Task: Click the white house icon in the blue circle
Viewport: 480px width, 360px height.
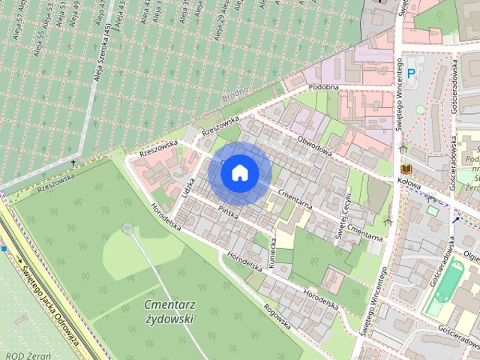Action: pos(239,172)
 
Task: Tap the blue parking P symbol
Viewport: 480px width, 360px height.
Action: pos(411,73)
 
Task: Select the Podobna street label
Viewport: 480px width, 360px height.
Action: pos(323,88)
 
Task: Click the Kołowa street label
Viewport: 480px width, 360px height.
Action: pos(408,182)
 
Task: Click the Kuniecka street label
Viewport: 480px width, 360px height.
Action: pos(274,253)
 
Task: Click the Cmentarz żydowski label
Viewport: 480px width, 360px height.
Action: pos(169,311)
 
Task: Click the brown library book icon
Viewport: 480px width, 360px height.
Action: pos(407,169)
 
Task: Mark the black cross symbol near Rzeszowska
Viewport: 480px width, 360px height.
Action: pos(73,163)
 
